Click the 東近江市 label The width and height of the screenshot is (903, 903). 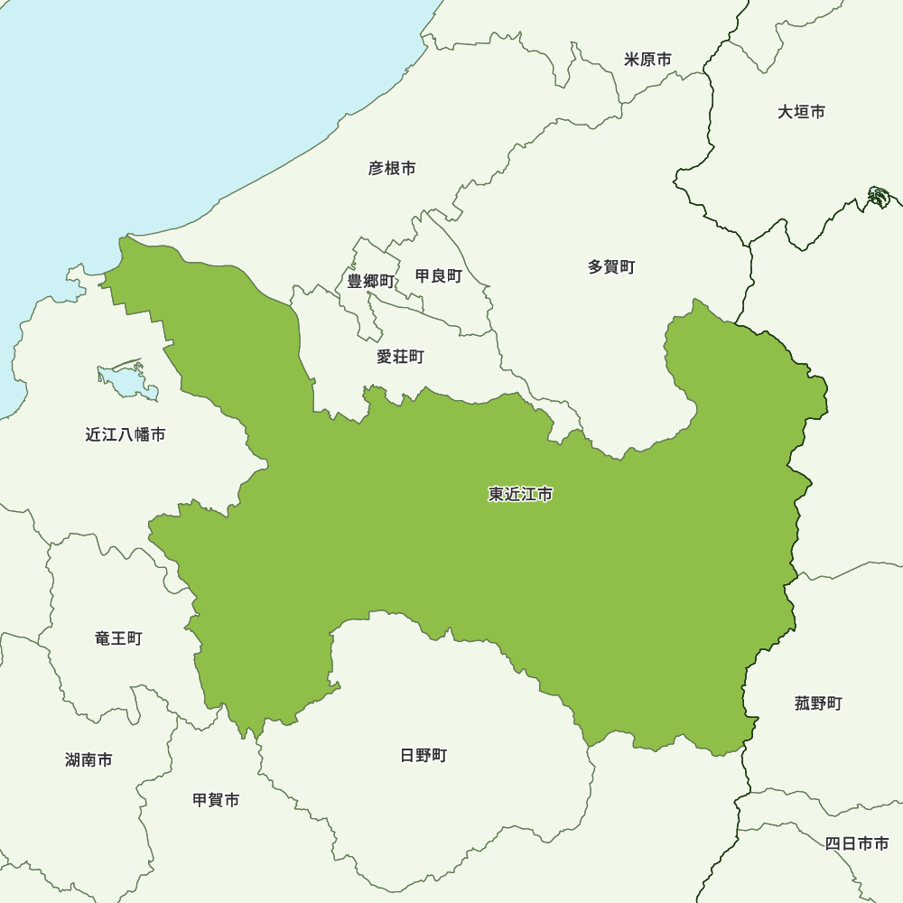pyautogui.click(x=520, y=494)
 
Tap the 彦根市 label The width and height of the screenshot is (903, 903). pyautogui.click(x=392, y=168)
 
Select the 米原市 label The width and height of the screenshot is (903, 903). pyautogui.click(x=647, y=60)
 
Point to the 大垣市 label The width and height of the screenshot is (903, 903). pyautogui.click(x=801, y=112)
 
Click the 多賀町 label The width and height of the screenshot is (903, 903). pyautogui.click(x=611, y=266)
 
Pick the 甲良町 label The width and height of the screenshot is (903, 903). pyautogui.click(x=438, y=275)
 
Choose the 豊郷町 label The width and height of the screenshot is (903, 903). pyautogui.click(x=371, y=281)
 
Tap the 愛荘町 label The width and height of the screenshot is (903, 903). pyautogui.click(x=400, y=357)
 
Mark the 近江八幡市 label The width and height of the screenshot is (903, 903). pyautogui.click(x=126, y=434)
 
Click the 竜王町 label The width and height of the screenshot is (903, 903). pyautogui.click(x=118, y=638)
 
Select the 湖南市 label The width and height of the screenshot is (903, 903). pyautogui.click(x=88, y=759)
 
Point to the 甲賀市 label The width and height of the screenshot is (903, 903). pyautogui.click(x=216, y=800)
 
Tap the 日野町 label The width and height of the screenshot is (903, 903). pyautogui.click(x=424, y=755)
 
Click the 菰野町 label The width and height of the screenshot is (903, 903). pyautogui.click(x=818, y=703)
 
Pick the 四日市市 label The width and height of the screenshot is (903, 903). pyautogui.click(x=856, y=843)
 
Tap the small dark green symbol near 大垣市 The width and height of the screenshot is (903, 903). pyautogui.click(x=878, y=196)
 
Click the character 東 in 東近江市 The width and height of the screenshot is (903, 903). pyautogui.click(x=497, y=494)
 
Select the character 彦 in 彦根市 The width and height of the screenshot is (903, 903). pyautogui.click(x=376, y=168)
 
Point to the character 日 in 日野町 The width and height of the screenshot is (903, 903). pyautogui.click(x=407, y=755)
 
